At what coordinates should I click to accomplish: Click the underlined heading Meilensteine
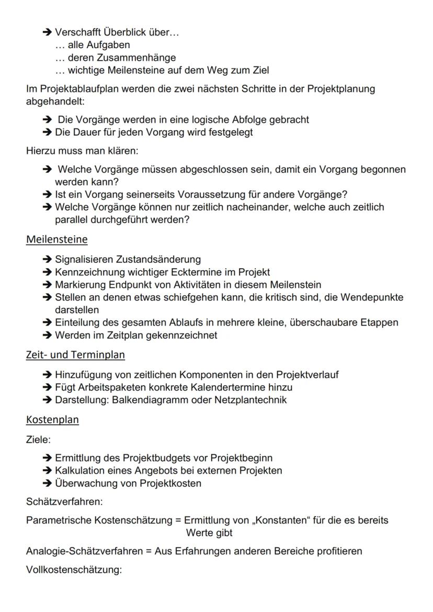click(x=56, y=239)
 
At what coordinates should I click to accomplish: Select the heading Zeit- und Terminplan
click(x=75, y=355)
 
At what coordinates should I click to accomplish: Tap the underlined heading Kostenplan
click(x=52, y=420)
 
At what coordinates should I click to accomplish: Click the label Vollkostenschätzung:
click(x=74, y=569)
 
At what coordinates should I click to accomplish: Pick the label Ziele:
click(x=38, y=440)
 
